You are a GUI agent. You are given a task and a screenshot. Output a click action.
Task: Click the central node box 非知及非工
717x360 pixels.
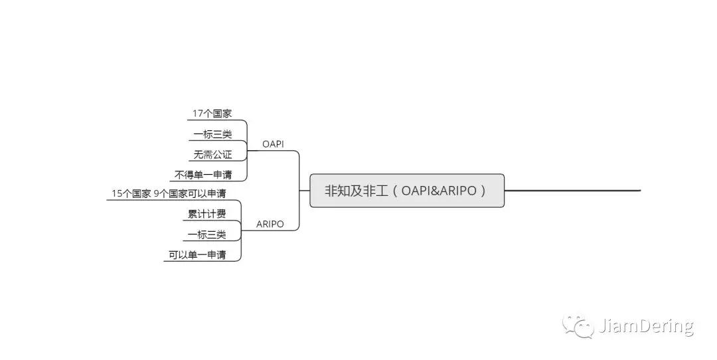[x=407, y=191]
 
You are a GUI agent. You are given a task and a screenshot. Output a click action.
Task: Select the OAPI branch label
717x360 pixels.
[x=273, y=143]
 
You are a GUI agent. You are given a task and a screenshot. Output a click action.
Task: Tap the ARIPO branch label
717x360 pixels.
[x=270, y=224]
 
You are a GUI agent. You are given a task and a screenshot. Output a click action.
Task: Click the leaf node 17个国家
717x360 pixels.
[x=212, y=114]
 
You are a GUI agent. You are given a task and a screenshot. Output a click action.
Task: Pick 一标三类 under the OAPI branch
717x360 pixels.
[x=212, y=134]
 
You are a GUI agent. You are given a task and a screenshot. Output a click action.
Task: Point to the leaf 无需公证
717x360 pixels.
[x=212, y=155]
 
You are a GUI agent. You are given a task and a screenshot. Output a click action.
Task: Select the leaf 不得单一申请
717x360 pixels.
[x=204, y=175]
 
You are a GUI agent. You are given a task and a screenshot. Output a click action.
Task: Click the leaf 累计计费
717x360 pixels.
[x=206, y=214]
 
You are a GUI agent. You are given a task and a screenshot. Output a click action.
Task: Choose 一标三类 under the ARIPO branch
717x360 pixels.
[x=206, y=234]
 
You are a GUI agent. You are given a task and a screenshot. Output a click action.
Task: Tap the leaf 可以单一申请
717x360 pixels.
[x=197, y=255]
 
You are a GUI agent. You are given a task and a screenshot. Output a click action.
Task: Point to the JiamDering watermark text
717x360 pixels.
[x=646, y=327]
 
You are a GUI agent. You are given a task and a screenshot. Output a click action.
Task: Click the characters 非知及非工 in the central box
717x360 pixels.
[x=355, y=191]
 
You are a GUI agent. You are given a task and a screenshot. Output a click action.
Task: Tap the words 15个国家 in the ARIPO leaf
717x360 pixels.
[x=131, y=194]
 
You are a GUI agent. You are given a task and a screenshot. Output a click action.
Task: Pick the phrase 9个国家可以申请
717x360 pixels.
[x=190, y=194]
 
